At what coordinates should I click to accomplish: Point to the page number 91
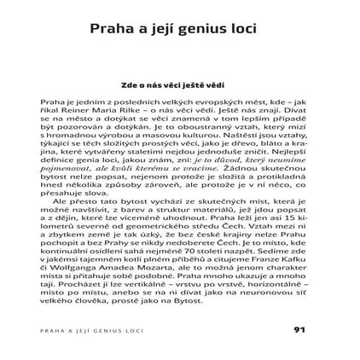298,328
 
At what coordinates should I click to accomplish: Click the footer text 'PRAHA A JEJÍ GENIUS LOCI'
102,329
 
